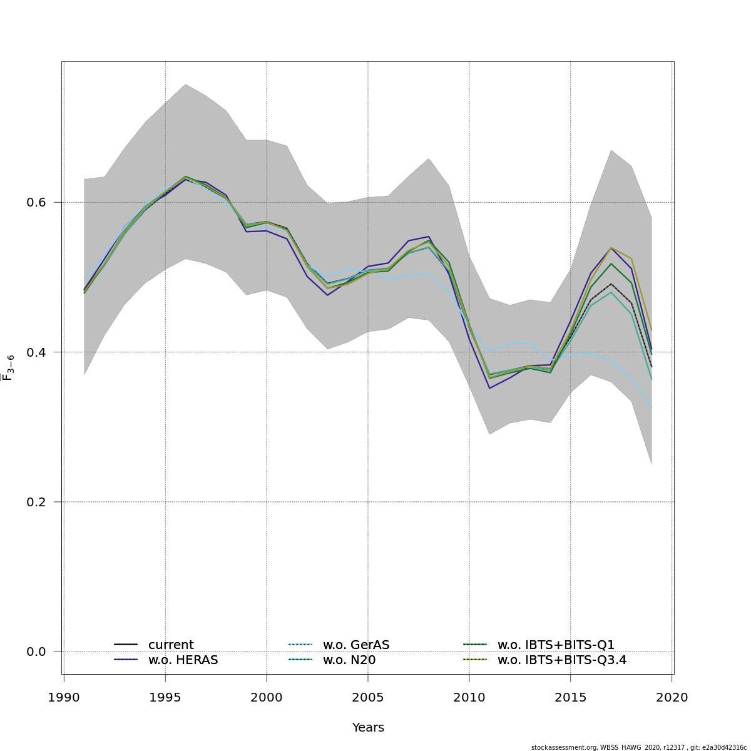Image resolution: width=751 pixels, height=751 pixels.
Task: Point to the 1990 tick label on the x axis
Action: click(x=64, y=698)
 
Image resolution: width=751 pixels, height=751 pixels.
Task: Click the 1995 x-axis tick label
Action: click(x=165, y=698)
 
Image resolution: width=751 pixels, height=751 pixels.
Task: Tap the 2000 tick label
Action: click(x=267, y=698)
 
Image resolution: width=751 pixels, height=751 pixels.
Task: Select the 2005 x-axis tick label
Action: click(x=368, y=698)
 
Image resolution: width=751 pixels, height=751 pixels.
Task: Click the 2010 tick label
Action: click(x=469, y=698)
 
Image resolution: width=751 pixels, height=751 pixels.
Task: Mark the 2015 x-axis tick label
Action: click(x=571, y=698)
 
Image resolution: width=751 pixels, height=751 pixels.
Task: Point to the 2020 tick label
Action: click(x=672, y=698)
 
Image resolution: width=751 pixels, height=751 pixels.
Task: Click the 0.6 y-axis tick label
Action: click(x=37, y=203)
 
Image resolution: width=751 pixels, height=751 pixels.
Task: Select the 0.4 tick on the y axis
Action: click(x=37, y=352)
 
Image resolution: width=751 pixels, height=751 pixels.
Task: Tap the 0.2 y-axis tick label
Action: click(x=37, y=502)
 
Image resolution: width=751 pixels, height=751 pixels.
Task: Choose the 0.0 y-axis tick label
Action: click(x=37, y=651)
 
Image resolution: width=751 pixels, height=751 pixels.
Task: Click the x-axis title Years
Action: click(x=368, y=728)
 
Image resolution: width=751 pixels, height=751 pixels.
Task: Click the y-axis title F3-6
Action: click(x=8, y=367)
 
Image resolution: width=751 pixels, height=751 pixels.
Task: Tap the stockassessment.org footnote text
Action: click(x=638, y=747)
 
